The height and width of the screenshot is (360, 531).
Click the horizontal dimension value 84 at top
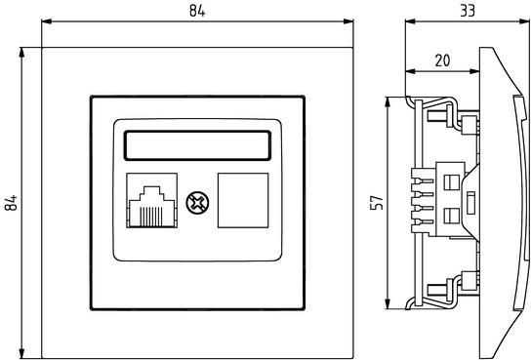coord(197,11)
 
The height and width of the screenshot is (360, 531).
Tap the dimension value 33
coord(468,11)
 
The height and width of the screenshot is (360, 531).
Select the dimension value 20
coord(442,60)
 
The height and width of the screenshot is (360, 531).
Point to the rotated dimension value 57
coord(377,202)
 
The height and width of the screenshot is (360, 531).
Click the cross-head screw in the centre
coord(197,203)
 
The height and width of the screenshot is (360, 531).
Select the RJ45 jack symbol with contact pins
coord(151,200)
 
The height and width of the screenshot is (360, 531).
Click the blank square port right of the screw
coord(243,200)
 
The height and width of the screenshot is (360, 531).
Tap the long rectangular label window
coord(197,145)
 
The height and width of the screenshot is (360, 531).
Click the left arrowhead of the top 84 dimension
coord(47,21)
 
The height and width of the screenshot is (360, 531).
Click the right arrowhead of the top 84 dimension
coord(348,21)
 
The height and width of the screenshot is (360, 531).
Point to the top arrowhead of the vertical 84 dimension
coord(22,53)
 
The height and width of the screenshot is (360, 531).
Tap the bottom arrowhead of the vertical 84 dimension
coord(22,353)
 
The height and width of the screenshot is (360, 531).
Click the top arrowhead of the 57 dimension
coord(388,102)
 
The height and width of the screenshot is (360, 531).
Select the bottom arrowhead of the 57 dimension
coord(388,303)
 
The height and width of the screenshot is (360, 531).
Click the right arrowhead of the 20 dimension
coord(474,71)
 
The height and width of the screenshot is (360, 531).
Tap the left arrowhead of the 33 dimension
coord(410,21)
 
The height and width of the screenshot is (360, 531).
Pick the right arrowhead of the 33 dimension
coord(524,21)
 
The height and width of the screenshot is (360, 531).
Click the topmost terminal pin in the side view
coord(423,181)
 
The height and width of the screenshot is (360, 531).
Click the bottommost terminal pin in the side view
coord(423,222)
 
